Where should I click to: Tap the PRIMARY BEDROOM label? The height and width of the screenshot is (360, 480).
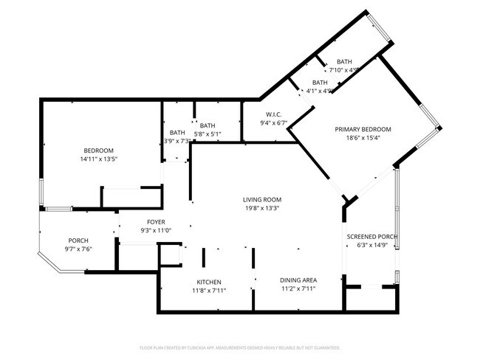[x=363, y=129]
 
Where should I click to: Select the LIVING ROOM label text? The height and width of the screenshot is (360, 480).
[x=263, y=199]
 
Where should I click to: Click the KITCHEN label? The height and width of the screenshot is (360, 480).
[x=209, y=282]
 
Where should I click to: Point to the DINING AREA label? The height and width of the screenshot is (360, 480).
[x=298, y=280]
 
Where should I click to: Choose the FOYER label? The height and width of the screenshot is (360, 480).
[x=156, y=222]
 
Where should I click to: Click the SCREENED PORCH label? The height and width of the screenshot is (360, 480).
[x=372, y=237]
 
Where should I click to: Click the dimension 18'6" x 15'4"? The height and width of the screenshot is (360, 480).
[x=363, y=138]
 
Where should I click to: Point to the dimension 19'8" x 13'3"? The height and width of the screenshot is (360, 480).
[x=263, y=208]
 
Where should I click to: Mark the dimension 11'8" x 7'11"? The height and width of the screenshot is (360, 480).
[x=209, y=291]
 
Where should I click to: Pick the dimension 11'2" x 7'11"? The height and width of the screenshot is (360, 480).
[x=298, y=289]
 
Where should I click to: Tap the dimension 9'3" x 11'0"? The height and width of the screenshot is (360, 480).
[x=156, y=231]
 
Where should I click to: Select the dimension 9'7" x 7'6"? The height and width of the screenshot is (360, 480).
[x=78, y=249]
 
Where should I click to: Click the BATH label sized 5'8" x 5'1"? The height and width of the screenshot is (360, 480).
[x=207, y=125]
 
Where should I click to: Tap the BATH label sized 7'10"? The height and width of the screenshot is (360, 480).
[x=345, y=61]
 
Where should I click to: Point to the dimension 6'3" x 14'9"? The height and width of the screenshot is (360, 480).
[x=372, y=246]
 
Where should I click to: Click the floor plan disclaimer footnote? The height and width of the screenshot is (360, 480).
[x=240, y=347]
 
